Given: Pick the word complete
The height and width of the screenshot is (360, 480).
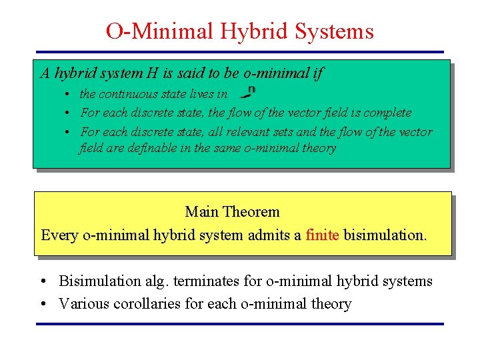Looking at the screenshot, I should pos(387,113).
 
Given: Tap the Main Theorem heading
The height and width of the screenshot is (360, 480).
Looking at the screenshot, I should pos(232,212).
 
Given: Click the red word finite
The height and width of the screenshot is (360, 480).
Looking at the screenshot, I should pos(322,235).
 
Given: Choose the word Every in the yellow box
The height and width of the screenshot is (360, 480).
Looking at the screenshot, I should pos(59,235).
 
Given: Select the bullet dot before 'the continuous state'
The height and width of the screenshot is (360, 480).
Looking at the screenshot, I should pos(69,95).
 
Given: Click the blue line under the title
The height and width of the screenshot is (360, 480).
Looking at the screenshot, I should pos(239,51).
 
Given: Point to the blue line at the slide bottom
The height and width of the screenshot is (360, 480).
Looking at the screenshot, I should pos(239,324).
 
